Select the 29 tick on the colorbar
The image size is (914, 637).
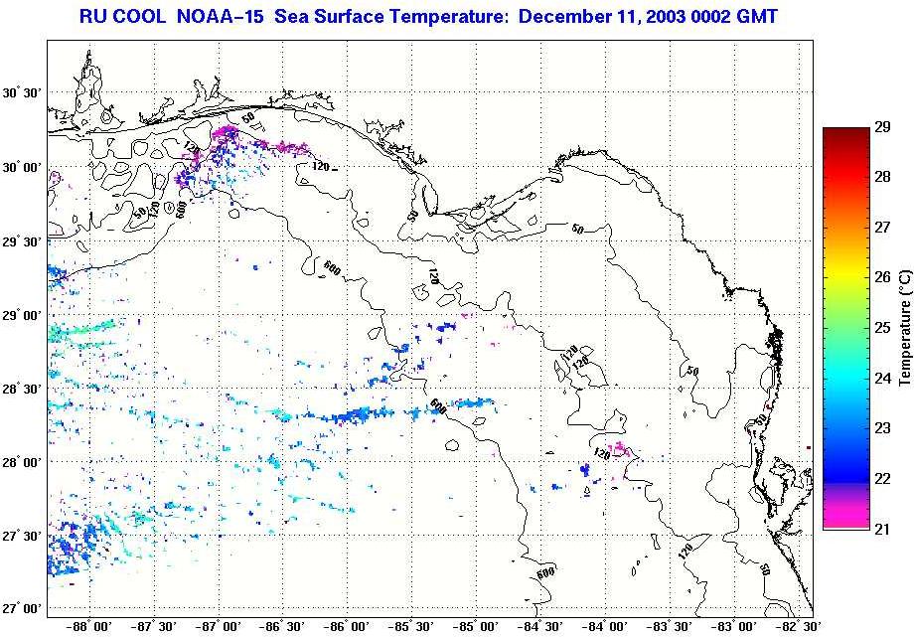885,129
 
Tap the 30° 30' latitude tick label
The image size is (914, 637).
22,93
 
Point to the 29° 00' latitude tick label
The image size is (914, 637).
22,315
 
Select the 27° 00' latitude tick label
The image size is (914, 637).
22,608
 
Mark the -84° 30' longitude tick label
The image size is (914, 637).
540,627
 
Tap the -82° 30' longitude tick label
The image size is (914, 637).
797,627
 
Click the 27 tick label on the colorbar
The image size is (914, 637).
885,228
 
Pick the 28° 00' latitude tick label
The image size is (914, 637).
22,462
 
